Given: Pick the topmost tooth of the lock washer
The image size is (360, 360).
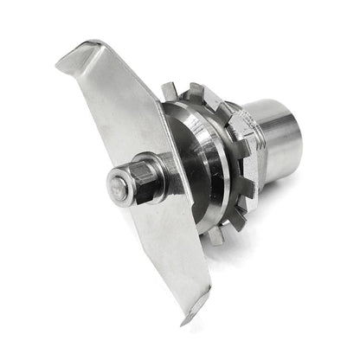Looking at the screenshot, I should [170, 90].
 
